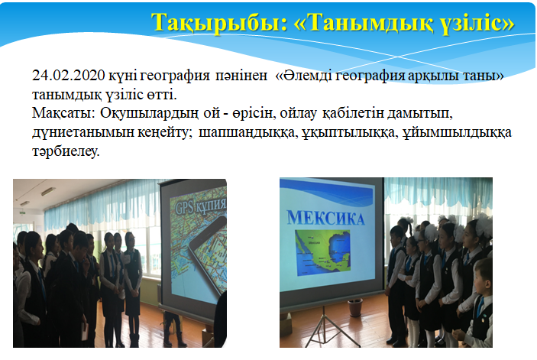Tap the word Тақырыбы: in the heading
click(220, 24)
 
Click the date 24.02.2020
click(69, 76)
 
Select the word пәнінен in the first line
click(241, 76)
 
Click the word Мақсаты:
click(63, 113)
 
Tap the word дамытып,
click(420, 113)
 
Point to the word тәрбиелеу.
click(66, 151)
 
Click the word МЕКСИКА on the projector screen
click(326, 218)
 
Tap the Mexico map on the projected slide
click(322, 252)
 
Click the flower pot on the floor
click(355, 307)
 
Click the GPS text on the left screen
click(186, 208)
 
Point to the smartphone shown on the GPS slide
click(207, 255)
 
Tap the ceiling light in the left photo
click(48, 192)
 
